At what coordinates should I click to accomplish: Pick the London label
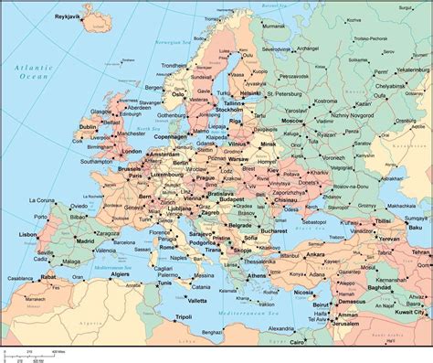[x=132, y=151]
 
